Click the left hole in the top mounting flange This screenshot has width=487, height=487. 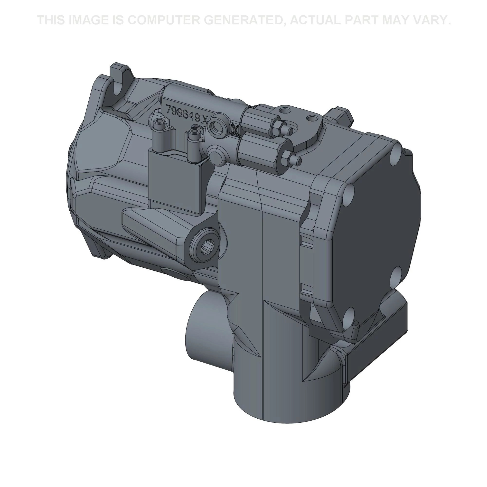click(285, 110)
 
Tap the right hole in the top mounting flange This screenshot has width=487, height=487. click(312, 118)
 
